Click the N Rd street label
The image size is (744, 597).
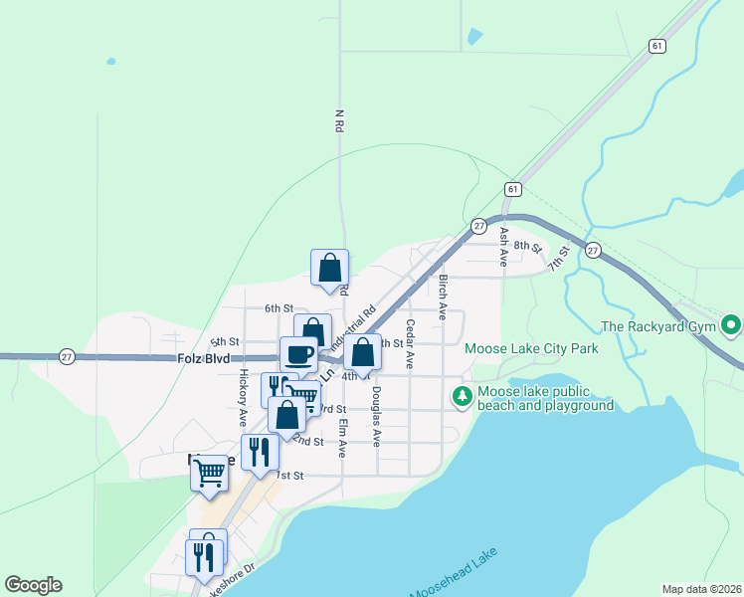tap(339, 121)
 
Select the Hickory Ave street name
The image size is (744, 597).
tap(243, 398)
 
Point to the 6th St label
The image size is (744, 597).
tap(279, 309)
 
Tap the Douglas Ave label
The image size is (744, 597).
tap(377, 425)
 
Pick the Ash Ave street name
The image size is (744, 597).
tap(504, 246)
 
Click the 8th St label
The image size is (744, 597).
tap(529, 247)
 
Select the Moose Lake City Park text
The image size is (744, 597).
tap(531, 349)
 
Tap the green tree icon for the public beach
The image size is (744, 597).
tap(463, 397)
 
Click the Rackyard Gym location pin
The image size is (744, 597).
tap(732, 325)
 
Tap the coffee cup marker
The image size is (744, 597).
tap(298, 353)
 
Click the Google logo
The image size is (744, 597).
tap(34, 585)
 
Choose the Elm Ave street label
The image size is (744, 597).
tap(342, 437)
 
